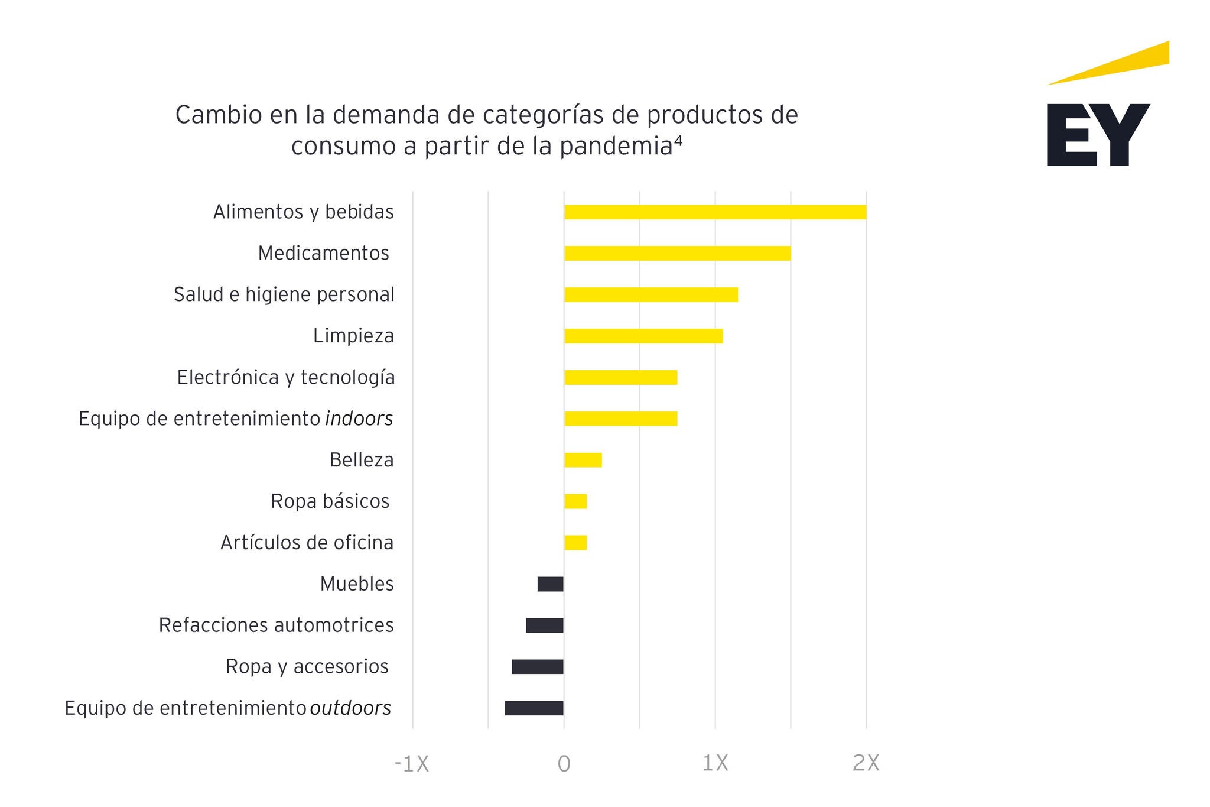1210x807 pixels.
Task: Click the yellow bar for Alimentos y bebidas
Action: point(715,212)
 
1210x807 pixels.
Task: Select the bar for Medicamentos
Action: point(677,253)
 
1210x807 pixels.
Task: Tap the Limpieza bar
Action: point(643,336)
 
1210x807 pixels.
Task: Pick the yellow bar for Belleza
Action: point(583,460)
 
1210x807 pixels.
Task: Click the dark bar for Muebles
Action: point(550,584)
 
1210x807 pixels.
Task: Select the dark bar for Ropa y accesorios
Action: point(537,667)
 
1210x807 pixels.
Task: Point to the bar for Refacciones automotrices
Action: point(544,625)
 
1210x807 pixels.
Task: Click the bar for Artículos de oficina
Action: point(575,543)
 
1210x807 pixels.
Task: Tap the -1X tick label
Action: point(411,764)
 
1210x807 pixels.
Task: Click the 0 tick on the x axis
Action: point(564,764)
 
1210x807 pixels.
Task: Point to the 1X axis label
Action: point(715,764)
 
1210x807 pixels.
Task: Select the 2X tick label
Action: point(866,764)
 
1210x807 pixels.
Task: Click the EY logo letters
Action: point(1098,135)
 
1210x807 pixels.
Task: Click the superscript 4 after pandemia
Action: point(678,141)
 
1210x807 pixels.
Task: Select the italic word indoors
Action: point(359,419)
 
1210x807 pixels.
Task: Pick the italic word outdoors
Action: point(350,708)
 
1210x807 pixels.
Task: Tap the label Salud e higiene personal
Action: point(284,294)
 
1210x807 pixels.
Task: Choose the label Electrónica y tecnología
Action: point(285,377)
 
